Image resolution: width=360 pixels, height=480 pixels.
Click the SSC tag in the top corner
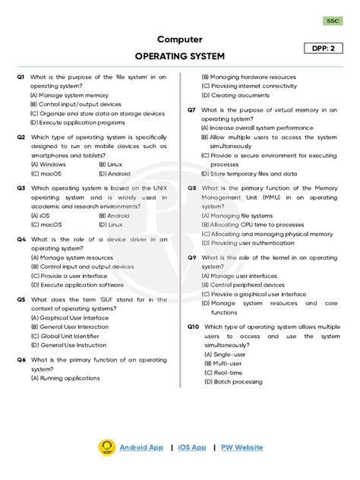pos(333,21)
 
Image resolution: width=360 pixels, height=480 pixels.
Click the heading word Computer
pos(179,39)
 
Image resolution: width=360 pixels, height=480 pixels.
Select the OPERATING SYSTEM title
pos(179,56)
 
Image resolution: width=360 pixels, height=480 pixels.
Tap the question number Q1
pos(21,77)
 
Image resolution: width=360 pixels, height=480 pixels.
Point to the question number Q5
pos(21,300)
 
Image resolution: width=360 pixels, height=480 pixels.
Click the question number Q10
pos(194,327)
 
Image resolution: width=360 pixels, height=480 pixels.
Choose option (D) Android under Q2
pos(114,173)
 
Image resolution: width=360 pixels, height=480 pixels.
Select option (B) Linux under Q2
pos(111,164)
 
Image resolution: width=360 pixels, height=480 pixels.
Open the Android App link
pos(141,448)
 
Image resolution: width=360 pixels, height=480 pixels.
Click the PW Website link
pos(242,448)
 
